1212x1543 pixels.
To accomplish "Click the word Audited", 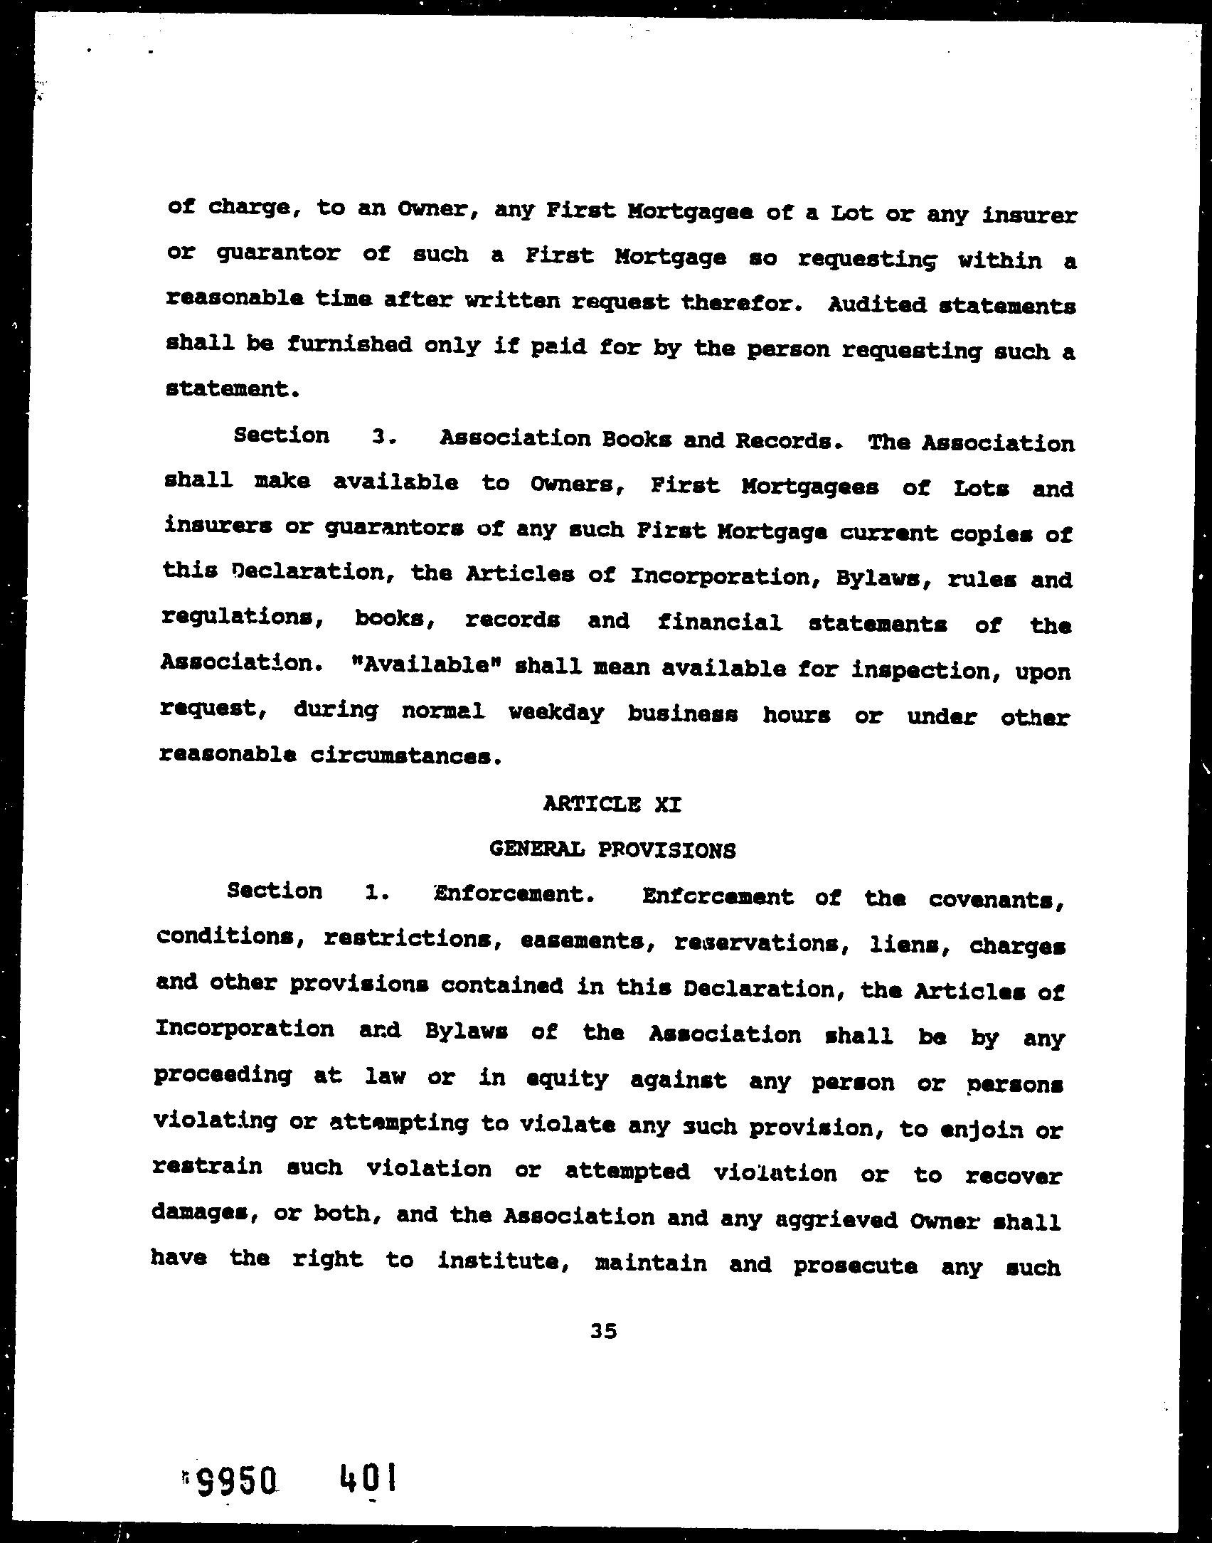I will [876, 305].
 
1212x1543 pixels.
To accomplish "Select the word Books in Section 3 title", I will [636, 440].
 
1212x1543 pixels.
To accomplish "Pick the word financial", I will [719, 622].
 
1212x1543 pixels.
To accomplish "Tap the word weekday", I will [557, 712].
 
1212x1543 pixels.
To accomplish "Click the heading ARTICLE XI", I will [612, 805].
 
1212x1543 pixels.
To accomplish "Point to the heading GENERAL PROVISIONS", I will [612, 849].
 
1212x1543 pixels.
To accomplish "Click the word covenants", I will [996, 899].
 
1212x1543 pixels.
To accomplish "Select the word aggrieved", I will [835, 1220].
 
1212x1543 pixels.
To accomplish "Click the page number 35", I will [603, 1331].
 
